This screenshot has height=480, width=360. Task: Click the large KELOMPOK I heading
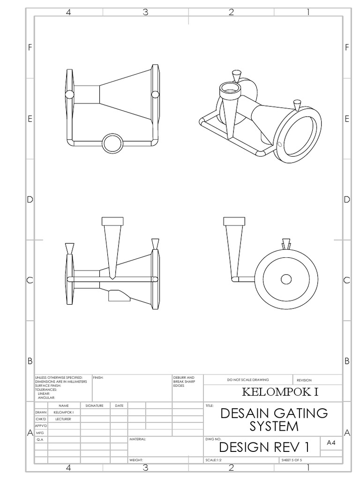pos(280,392)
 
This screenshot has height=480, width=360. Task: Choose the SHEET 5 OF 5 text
pos(294,460)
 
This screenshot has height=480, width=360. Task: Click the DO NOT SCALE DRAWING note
pos(248,380)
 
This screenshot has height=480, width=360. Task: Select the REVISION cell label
pos(304,380)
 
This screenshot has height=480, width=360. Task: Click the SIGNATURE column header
pos(94,405)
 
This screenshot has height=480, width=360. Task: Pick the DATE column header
pos(119,405)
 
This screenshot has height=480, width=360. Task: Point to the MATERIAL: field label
pos(138,440)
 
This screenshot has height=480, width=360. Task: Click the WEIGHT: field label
pos(136,460)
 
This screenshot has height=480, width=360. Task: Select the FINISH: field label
pos(98,377)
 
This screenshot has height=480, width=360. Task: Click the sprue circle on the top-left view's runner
pos(112,143)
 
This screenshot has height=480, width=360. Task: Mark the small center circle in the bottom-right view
pos(286,279)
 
